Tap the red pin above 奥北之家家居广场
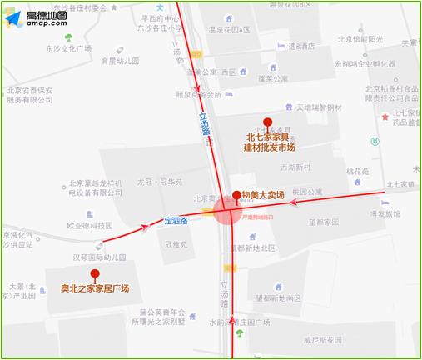coord(95,273)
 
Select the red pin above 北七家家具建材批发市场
coord(267,122)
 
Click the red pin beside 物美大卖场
coord(236,196)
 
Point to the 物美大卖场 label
coord(263,194)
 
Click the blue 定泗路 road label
coord(176,221)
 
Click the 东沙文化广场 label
coord(69,49)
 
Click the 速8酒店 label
coord(304,47)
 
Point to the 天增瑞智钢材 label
coord(319,107)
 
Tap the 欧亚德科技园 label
coord(89,225)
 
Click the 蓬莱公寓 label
coord(272,79)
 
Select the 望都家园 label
coord(323,222)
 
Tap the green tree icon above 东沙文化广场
coord(69,37)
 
